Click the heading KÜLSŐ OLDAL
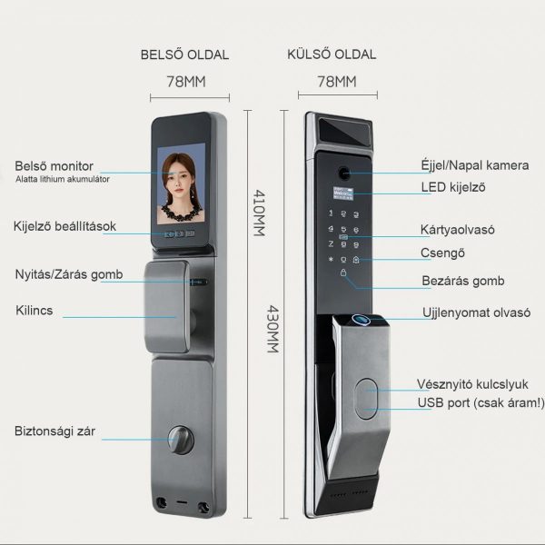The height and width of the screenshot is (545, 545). click(x=332, y=54)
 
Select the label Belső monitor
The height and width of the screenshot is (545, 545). click(x=54, y=166)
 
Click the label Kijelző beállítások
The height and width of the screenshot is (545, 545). click(x=64, y=226)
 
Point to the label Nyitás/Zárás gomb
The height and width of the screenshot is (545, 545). click(x=69, y=274)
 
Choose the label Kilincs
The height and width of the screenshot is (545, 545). click(x=34, y=311)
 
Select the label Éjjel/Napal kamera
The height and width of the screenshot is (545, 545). click(x=473, y=165)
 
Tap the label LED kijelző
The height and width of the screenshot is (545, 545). click(x=454, y=188)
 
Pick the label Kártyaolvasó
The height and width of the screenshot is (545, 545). click(x=457, y=231)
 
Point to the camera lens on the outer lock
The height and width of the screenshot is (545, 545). click(x=345, y=172)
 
